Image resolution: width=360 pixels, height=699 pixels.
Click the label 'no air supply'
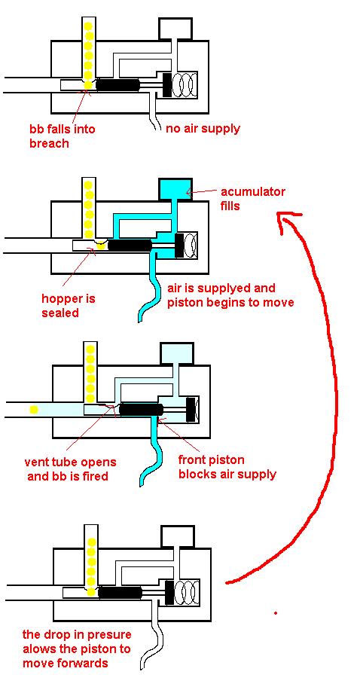(203, 129)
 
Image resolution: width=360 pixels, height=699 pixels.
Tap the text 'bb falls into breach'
(63, 136)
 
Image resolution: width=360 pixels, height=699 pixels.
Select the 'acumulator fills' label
(252, 199)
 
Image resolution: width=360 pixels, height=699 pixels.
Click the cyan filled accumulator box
(176, 190)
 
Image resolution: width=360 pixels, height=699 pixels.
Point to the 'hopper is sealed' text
(69, 305)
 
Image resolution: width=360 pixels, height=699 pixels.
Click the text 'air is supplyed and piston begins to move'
(230, 295)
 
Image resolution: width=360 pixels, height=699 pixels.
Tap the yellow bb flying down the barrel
(32, 409)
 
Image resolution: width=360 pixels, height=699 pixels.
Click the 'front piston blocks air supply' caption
(227, 466)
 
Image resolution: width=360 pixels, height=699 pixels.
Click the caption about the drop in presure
(77, 649)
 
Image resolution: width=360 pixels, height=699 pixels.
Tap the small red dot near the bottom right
(276, 613)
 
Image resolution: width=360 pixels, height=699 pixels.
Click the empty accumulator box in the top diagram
(175, 29)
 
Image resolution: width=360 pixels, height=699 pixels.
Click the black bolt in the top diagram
(118, 84)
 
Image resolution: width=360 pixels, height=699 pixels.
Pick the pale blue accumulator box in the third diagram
(178, 354)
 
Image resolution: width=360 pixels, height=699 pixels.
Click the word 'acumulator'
(252, 193)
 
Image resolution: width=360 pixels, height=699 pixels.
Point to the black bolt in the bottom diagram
(120, 593)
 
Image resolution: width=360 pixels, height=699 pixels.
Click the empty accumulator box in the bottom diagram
(177, 537)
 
